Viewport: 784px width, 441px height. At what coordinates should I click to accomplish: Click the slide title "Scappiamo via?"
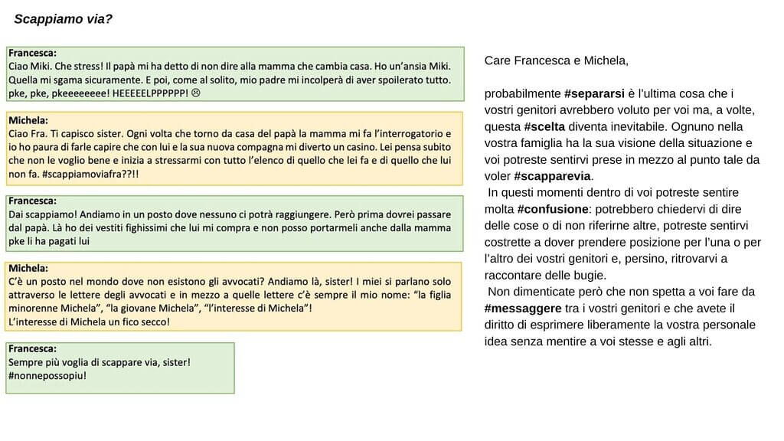pos(64,18)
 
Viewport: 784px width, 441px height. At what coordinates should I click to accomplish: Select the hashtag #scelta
pos(548,127)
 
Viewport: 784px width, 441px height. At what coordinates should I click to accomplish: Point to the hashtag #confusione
pos(552,209)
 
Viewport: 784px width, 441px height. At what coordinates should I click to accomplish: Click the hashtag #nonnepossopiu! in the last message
pos(47,376)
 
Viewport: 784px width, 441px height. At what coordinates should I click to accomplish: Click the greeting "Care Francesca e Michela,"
pos(556,60)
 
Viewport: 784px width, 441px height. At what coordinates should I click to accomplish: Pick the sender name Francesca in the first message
pos(31,53)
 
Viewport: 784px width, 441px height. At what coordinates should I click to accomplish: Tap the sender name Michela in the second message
pos(28,120)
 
